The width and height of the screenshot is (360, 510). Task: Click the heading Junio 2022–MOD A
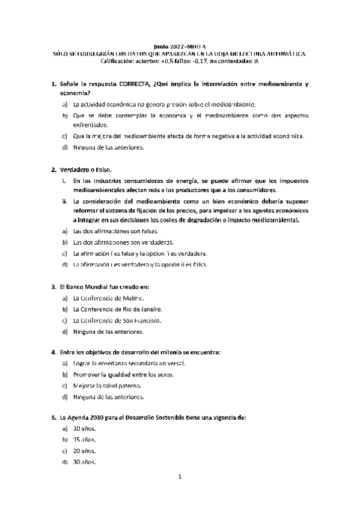179,46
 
